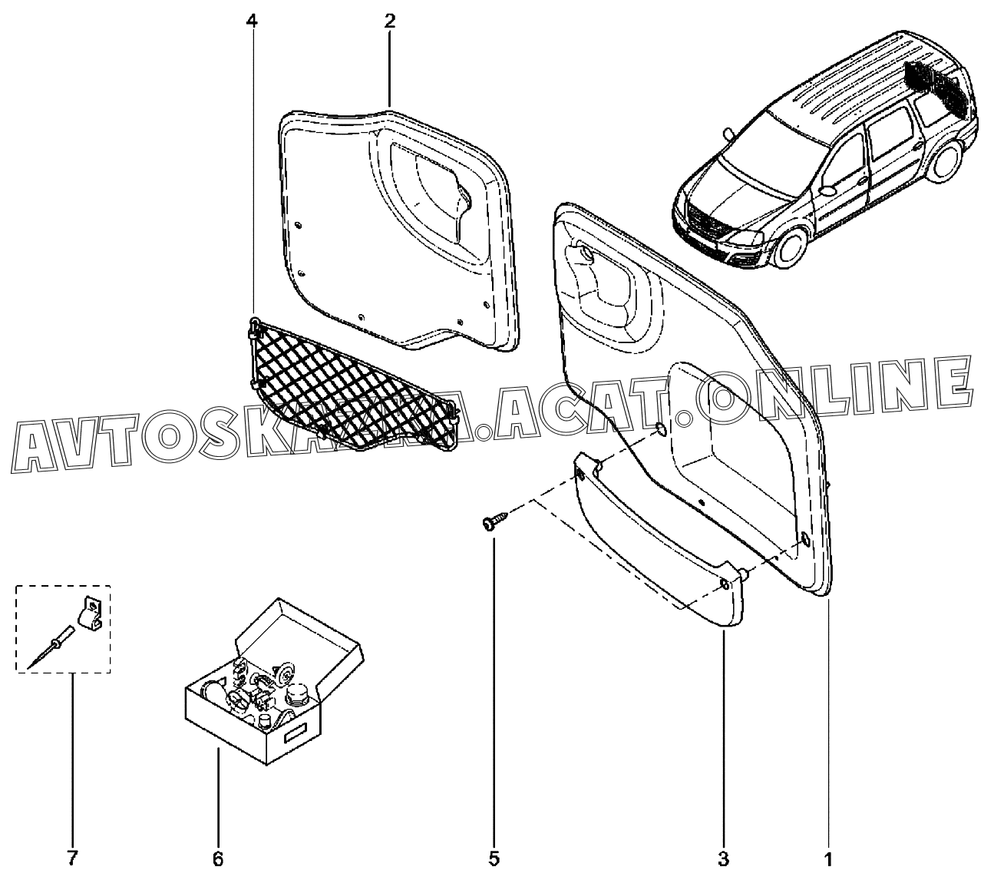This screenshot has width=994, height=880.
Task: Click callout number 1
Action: (827, 857)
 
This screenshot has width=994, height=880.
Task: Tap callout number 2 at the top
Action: (389, 21)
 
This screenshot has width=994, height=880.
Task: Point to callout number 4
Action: (252, 21)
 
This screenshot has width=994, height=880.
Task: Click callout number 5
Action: (494, 857)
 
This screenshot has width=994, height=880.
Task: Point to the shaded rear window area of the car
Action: (933, 81)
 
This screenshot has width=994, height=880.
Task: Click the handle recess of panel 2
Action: (430, 192)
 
